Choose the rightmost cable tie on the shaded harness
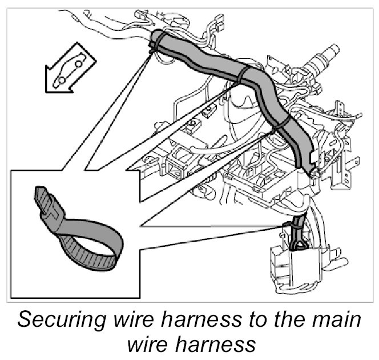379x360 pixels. point(278,125)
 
